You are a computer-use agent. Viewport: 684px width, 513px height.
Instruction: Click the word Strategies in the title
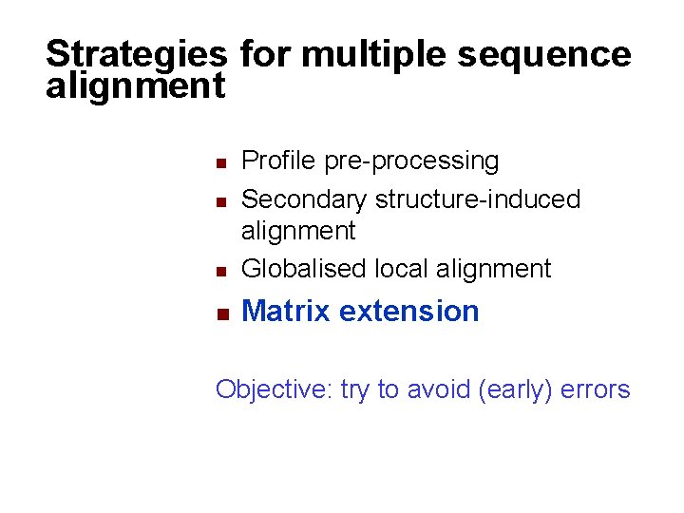click(x=136, y=55)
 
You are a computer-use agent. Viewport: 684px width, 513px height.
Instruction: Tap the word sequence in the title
click(x=543, y=54)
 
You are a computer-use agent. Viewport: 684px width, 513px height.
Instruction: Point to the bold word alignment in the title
click(x=135, y=86)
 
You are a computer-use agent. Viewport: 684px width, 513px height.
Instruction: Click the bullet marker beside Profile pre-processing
click(x=219, y=163)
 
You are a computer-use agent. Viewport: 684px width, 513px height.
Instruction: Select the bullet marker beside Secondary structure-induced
click(x=219, y=201)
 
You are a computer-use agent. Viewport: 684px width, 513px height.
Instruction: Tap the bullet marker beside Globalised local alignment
click(x=219, y=271)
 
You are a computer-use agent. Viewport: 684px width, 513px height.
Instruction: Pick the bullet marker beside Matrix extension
click(x=219, y=313)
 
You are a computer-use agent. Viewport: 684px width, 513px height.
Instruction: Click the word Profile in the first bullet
click(x=279, y=161)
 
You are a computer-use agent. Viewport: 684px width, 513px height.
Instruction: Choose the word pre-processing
click(x=411, y=162)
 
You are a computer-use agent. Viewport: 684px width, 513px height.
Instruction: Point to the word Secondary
click(x=305, y=199)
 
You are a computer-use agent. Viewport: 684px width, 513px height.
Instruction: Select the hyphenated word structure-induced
click(x=478, y=199)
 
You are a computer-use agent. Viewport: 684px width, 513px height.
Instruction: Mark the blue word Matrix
click(x=286, y=311)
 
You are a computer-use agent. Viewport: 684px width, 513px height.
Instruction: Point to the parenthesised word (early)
click(x=507, y=390)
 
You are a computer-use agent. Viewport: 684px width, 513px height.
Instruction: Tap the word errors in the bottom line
click(x=595, y=389)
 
